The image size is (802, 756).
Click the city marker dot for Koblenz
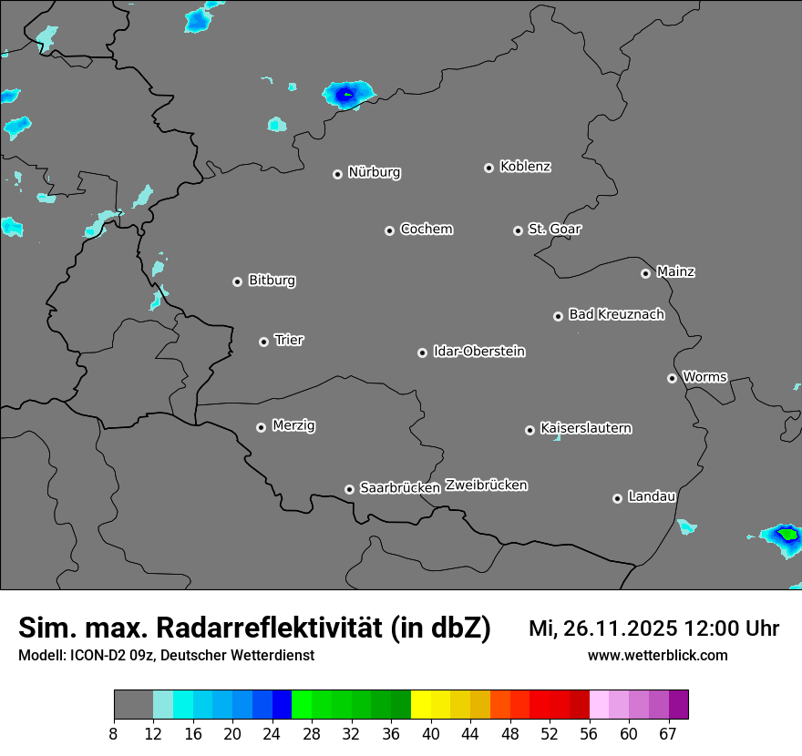click(x=488, y=168)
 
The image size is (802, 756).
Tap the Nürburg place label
click(x=374, y=172)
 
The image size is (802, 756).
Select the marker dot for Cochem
click(x=389, y=230)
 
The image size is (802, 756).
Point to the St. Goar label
click(x=554, y=230)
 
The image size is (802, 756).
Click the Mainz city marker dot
click(x=645, y=273)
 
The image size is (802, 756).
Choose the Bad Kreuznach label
click(x=616, y=315)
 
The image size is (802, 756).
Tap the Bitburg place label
click(x=272, y=281)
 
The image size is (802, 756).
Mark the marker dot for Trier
click(x=263, y=342)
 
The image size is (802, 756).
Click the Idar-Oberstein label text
click(x=478, y=352)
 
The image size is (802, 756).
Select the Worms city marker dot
click(x=672, y=378)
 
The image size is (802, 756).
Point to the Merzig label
click(x=293, y=425)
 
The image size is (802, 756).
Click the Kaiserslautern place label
click(x=585, y=428)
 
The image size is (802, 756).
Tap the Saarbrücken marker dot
click(x=349, y=489)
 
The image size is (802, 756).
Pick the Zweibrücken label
click(x=486, y=485)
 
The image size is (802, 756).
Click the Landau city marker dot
click(x=617, y=498)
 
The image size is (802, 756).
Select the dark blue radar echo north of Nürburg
click(x=345, y=93)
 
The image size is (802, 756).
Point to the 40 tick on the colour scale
click(x=430, y=734)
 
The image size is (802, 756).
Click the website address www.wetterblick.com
click(x=657, y=656)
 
